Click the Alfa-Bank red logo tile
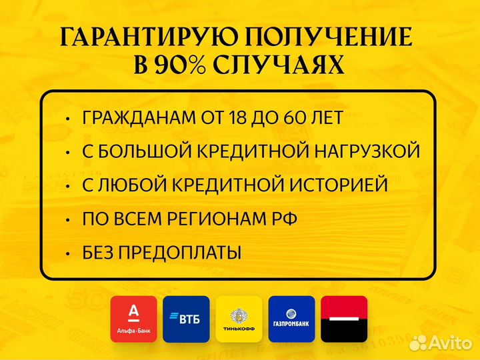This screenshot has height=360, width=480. click(x=134, y=319)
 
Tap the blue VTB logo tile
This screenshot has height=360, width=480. click(x=186, y=319)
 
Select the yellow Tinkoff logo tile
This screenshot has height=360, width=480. click(x=239, y=319)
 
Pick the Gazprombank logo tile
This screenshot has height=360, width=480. click(x=291, y=319)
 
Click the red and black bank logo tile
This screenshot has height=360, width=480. click(x=344, y=319)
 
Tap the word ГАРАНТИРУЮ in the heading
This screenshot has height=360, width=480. click(x=143, y=37)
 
